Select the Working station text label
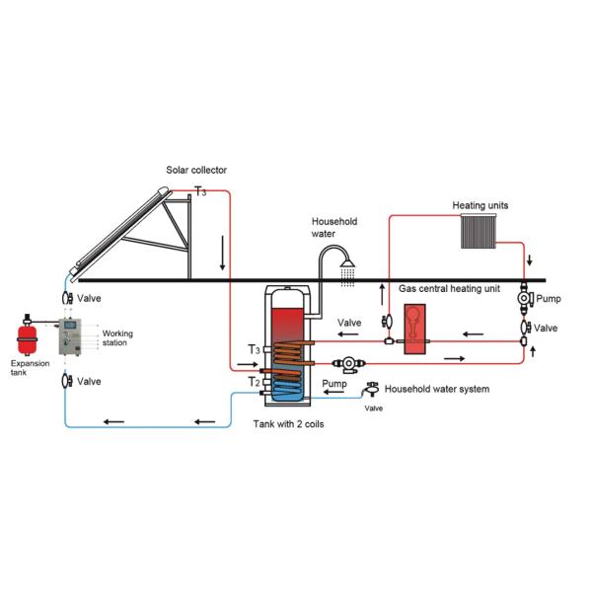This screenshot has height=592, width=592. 117,338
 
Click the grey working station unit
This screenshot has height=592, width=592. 73,338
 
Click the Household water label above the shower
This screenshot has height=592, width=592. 334,228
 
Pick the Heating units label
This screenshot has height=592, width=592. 481,206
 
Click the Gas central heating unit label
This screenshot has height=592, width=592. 450,290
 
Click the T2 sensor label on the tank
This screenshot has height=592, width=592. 254,381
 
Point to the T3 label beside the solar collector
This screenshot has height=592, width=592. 200,191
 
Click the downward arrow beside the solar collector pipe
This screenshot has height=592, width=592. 223,259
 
